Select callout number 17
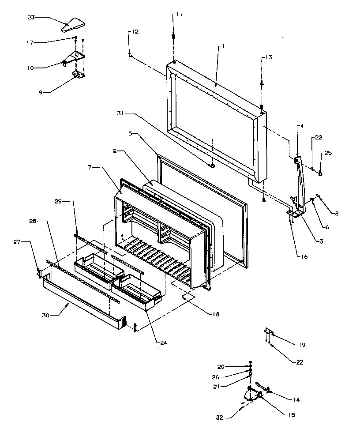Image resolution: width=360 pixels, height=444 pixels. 30,42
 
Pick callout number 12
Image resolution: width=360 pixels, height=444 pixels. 135,31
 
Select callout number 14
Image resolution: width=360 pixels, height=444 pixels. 296,399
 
